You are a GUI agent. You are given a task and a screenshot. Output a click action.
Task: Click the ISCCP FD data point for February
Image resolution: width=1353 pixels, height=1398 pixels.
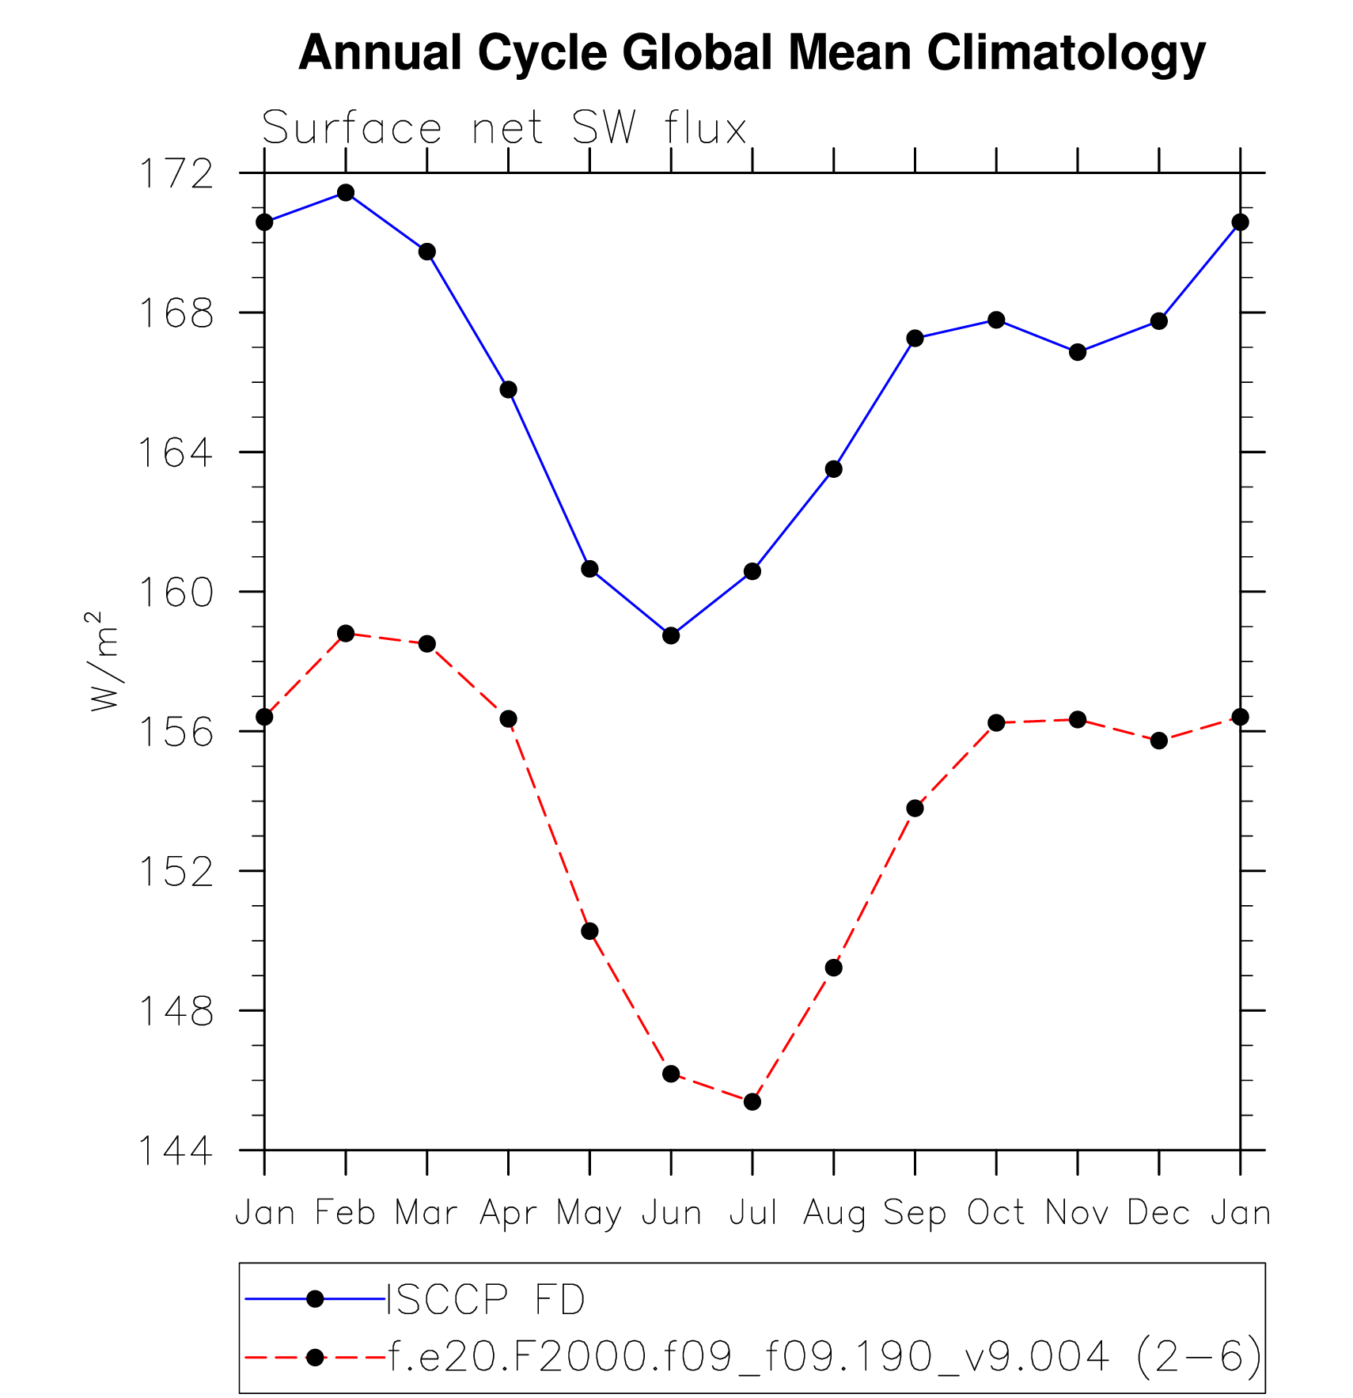346,192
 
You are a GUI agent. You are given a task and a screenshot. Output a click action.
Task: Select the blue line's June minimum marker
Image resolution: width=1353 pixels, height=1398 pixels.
671,635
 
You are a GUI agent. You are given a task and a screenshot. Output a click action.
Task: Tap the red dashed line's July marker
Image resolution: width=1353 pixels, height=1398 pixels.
752,1101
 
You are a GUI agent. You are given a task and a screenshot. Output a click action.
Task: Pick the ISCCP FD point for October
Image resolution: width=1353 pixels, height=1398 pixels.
996,320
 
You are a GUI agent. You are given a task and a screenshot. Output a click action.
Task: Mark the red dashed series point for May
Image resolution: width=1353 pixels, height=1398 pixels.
589,931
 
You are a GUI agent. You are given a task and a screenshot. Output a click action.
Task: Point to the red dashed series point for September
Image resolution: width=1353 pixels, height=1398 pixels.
915,808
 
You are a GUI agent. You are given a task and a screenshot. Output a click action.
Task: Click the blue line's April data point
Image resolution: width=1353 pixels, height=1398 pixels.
508,389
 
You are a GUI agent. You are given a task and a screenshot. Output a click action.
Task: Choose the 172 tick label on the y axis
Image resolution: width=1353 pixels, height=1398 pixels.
176,174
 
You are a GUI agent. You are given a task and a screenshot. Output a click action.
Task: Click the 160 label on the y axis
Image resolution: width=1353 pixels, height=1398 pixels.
176,593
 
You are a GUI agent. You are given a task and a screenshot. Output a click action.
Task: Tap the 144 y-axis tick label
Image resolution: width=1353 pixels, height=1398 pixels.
176,1151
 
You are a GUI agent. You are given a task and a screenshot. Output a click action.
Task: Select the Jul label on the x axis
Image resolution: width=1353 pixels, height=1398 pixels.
752,1213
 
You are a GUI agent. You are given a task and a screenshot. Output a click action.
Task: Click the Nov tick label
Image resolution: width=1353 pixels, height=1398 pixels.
1077,1213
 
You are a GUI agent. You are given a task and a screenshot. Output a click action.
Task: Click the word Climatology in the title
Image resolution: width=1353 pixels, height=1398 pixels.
1066,54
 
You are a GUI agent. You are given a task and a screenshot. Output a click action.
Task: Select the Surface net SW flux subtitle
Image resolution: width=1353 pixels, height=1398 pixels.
504,128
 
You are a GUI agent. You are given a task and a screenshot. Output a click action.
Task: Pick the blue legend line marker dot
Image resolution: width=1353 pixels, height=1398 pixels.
315,1298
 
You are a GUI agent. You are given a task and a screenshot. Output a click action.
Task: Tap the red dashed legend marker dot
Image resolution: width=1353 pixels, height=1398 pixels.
315,1358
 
